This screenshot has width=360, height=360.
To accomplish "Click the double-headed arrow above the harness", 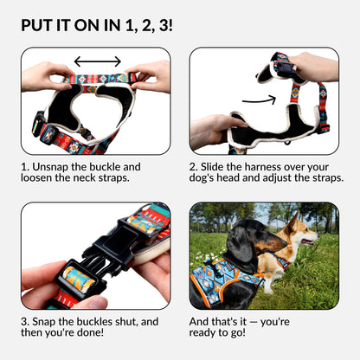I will (x=97, y=61).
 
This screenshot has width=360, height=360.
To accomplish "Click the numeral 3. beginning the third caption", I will (x=26, y=322).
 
